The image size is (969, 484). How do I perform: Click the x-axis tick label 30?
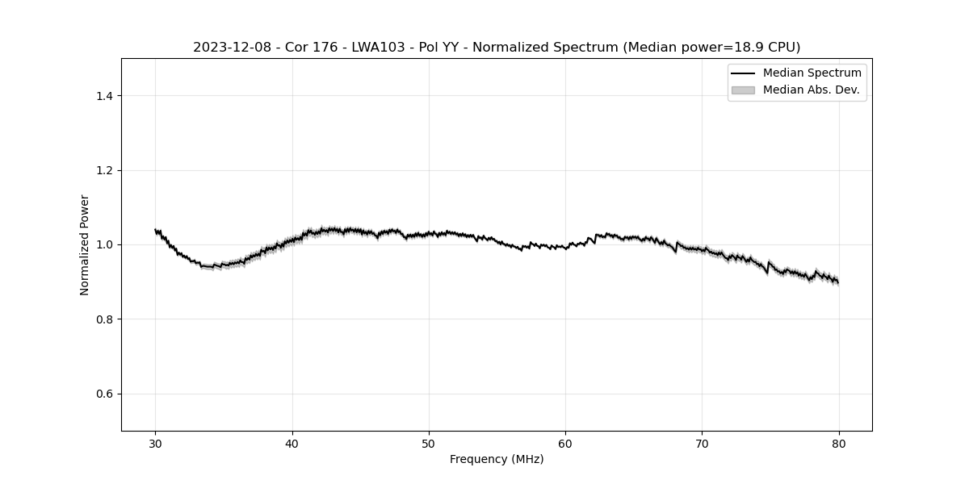pos(156,444)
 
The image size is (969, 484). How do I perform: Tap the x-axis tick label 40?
pos(292,444)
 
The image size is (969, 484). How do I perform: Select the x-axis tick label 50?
pos(429,444)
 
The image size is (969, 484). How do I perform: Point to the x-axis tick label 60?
pos(565,444)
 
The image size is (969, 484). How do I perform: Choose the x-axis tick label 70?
pos(702,444)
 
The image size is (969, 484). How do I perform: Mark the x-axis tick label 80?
pos(838,444)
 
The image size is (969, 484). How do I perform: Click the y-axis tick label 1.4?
pos(104,96)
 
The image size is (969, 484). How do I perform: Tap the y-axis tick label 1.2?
pos(104,170)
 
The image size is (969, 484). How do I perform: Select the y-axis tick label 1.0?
pos(104,244)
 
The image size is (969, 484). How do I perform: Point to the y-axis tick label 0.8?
pos(104,319)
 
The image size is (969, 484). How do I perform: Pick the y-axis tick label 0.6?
pos(104,394)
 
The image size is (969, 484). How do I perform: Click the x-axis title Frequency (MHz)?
pos(497,459)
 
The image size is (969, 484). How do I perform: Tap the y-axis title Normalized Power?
pos(84,244)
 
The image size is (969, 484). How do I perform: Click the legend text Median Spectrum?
pos(812,73)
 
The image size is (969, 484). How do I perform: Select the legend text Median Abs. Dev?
pos(811,90)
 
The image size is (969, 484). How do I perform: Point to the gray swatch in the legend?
pos(743,90)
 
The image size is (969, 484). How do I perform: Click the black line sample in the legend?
pos(743,73)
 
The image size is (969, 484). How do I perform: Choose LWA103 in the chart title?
pos(379,48)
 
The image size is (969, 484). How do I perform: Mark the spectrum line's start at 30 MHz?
pos(156,230)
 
